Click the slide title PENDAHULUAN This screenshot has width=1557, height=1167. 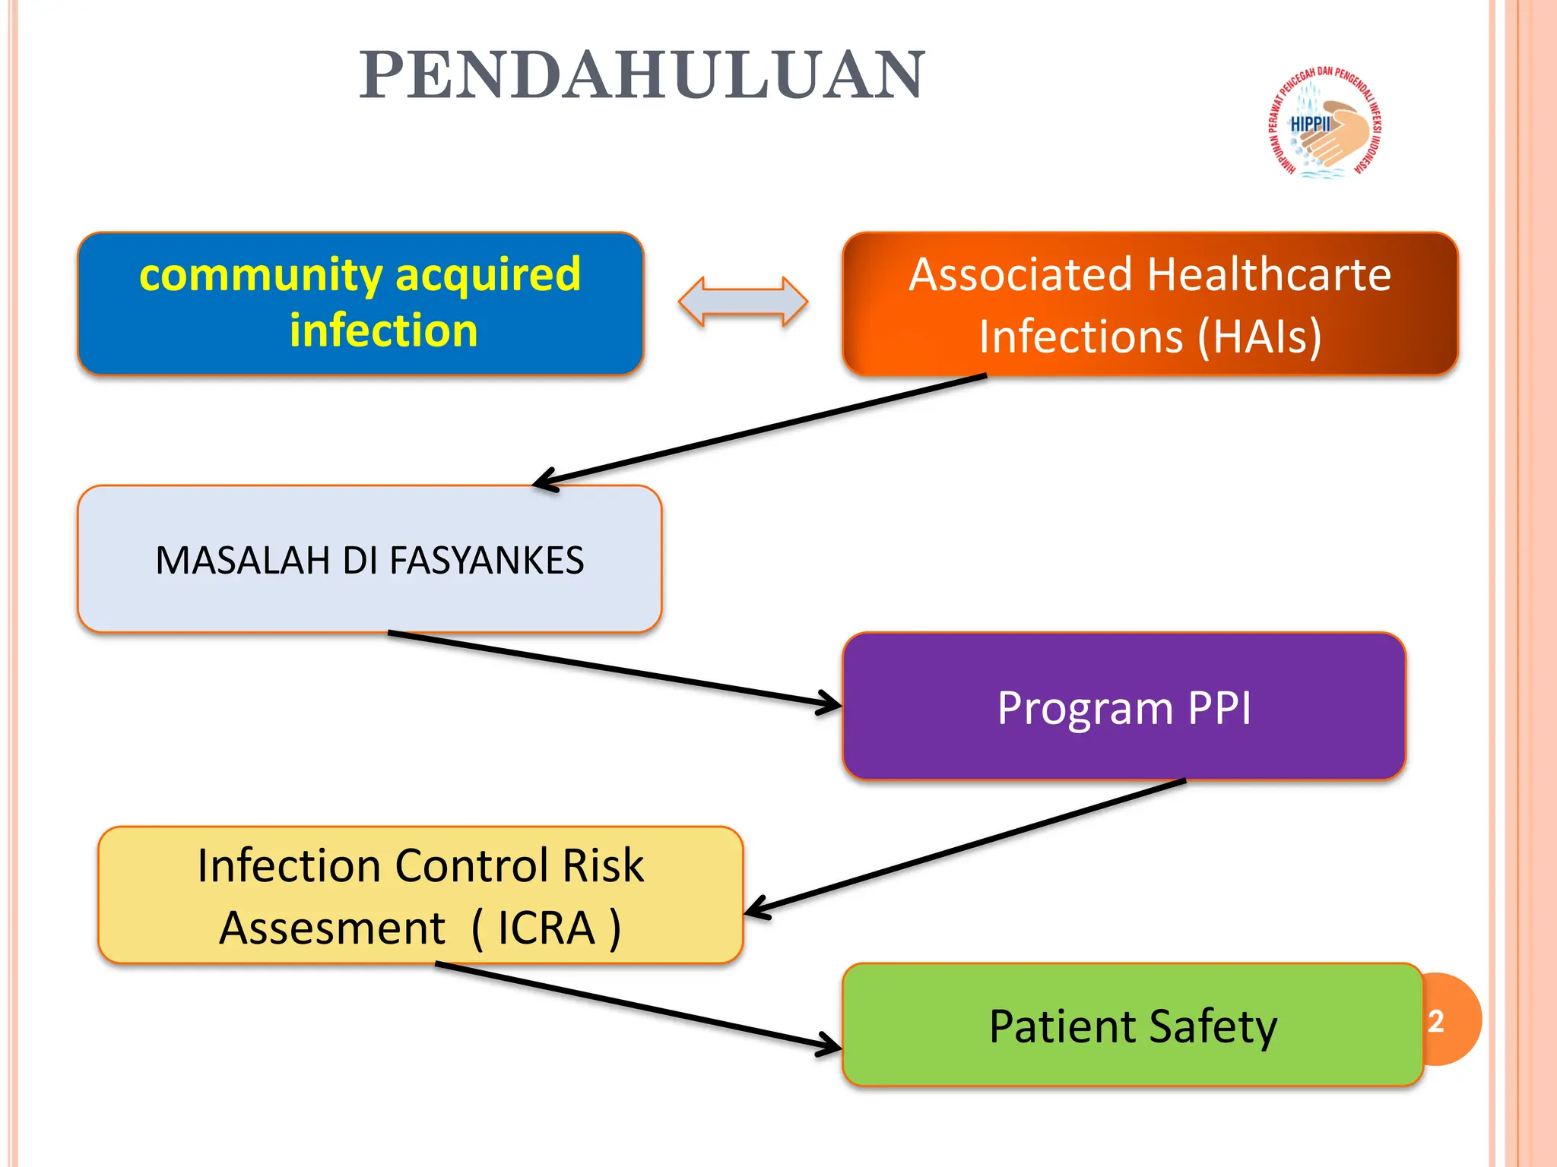[x=642, y=75]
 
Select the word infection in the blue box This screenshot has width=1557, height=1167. [x=383, y=330]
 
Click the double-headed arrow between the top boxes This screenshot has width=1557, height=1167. [x=743, y=302]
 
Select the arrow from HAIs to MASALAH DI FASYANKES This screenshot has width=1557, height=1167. [x=760, y=429]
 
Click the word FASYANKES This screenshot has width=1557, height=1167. [x=487, y=561]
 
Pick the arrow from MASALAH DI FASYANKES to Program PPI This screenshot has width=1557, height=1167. [x=616, y=669]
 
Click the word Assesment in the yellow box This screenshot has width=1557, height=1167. [x=332, y=928]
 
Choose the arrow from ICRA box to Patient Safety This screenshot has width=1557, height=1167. [x=639, y=1007]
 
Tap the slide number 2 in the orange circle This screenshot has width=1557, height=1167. [x=1436, y=1021]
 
